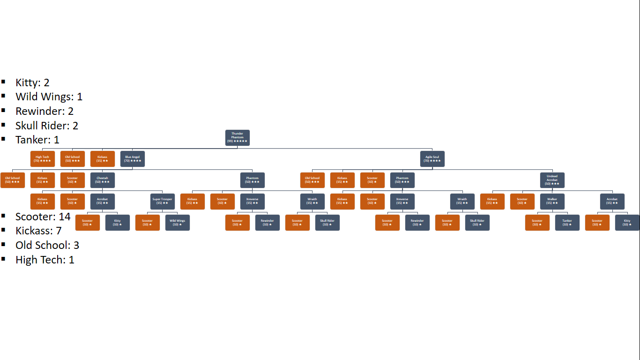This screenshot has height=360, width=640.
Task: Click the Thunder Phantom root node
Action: pyautogui.click(x=237, y=137)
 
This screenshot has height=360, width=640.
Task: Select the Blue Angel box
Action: pyautogui.click(x=132, y=159)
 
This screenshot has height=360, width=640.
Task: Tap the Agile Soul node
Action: pyautogui.click(x=432, y=159)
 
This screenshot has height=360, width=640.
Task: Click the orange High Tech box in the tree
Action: pyautogui.click(x=42, y=159)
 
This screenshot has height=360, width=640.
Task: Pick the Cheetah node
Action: pyautogui.click(x=102, y=180)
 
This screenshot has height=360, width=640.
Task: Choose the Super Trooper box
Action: pyautogui.click(x=162, y=201)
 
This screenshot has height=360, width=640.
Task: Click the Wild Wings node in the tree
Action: pyautogui.click(x=177, y=223)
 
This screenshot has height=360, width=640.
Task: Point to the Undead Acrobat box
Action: pyautogui.click(x=552, y=180)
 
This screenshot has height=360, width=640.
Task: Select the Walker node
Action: pyautogui.click(x=552, y=201)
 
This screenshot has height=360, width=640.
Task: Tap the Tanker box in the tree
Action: pyautogui.click(x=567, y=223)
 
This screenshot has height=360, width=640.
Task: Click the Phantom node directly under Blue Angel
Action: pyautogui.click(x=252, y=180)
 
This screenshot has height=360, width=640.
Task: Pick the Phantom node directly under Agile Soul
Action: pyautogui.click(x=402, y=180)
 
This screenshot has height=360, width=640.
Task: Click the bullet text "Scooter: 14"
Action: pyautogui.click(x=43, y=217)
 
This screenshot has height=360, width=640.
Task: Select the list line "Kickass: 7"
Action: pyautogui.click(x=38, y=231)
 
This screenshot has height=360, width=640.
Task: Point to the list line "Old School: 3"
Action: pyautogui.click(x=47, y=245)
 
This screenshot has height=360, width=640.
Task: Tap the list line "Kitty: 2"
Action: pyautogui.click(x=32, y=82)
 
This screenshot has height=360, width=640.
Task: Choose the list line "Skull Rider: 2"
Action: pyautogui.click(x=46, y=126)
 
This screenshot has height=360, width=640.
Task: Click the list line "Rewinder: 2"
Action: pyautogui.click(x=45, y=111)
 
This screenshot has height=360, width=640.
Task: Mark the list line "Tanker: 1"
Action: pyautogui.click(x=37, y=140)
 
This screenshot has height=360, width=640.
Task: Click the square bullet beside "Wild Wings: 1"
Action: pyautogui.click(x=4, y=96)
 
